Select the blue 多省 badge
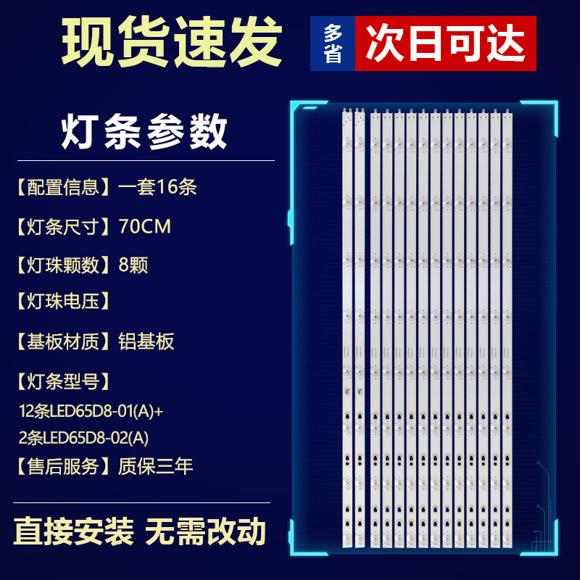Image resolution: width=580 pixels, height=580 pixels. pyautogui.click(x=333, y=44)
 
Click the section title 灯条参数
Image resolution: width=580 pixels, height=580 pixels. pyautogui.click(x=144, y=133)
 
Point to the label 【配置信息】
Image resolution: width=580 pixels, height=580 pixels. pyautogui.click(x=64, y=187)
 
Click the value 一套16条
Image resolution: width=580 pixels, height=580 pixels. pyautogui.click(x=157, y=187)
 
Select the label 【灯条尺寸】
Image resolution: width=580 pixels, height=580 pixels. pyautogui.click(x=64, y=226)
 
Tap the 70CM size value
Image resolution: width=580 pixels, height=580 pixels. pyautogui.click(x=145, y=226)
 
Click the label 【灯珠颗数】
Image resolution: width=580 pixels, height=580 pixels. pyautogui.click(x=64, y=265)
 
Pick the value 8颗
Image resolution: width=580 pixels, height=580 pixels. pyautogui.click(x=133, y=265)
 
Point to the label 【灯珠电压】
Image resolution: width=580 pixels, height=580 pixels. pyautogui.click(x=64, y=301)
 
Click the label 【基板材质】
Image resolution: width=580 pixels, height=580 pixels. pyautogui.click(x=64, y=341)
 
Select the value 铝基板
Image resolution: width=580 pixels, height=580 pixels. pyautogui.click(x=146, y=341)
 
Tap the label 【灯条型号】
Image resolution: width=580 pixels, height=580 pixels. pyautogui.click(x=64, y=380)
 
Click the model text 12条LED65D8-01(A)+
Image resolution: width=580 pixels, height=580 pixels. pyautogui.click(x=91, y=411)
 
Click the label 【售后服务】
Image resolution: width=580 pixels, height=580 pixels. pyautogui.click(x=64, y=466)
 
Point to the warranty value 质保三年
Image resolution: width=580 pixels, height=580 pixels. pyautogui.click(x=156, y=466)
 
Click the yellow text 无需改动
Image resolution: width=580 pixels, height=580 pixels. pyautogui.click(x=205, y=533)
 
